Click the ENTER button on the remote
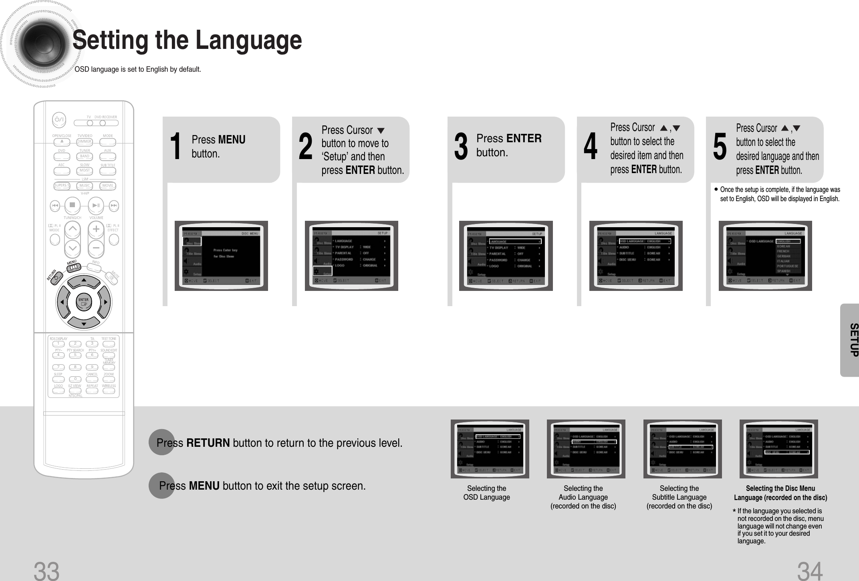(83, 302)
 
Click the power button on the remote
(59, 119)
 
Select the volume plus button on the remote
(96, 230)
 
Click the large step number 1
(175, 147)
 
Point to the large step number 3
(461, 147)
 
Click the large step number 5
(720, 147)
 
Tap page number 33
(46, 571)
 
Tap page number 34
(810, 571)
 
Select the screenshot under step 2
(351, 256)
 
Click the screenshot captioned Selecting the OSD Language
(490, 449)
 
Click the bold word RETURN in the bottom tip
(208, 443)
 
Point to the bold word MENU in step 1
(232, 139)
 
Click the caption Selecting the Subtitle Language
(679, 497)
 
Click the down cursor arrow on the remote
(84, 323)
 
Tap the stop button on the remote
(72, 205)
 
